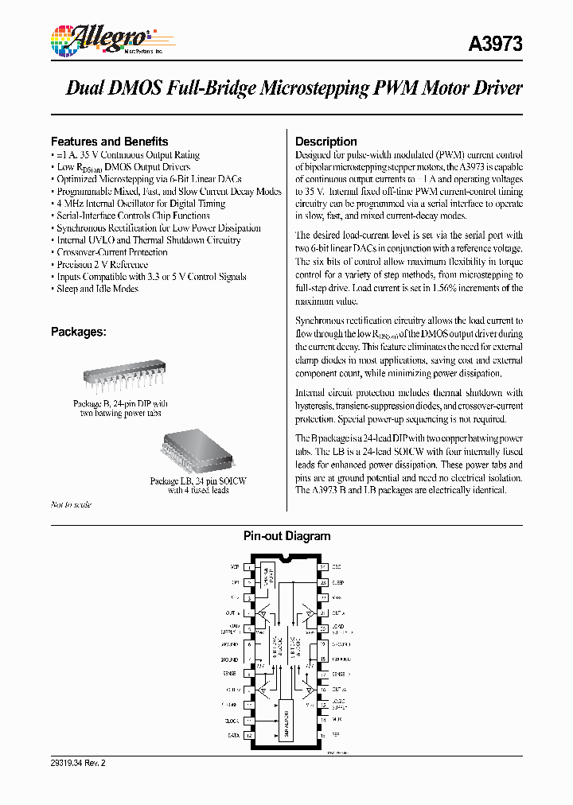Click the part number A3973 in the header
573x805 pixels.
click(497, 45)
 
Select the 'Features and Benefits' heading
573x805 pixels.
click(109, 141)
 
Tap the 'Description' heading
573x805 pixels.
click(325, 141)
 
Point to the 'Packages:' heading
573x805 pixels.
click(78, 331)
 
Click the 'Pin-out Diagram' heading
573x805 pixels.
click(286, 536)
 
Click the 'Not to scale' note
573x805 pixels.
click(71, 504)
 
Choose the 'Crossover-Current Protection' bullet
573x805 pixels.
click(111, 252)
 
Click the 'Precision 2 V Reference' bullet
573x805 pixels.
click(102, 264)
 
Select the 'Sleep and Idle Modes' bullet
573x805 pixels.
click(97, 289)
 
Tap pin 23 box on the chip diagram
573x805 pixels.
click(323, 582)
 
